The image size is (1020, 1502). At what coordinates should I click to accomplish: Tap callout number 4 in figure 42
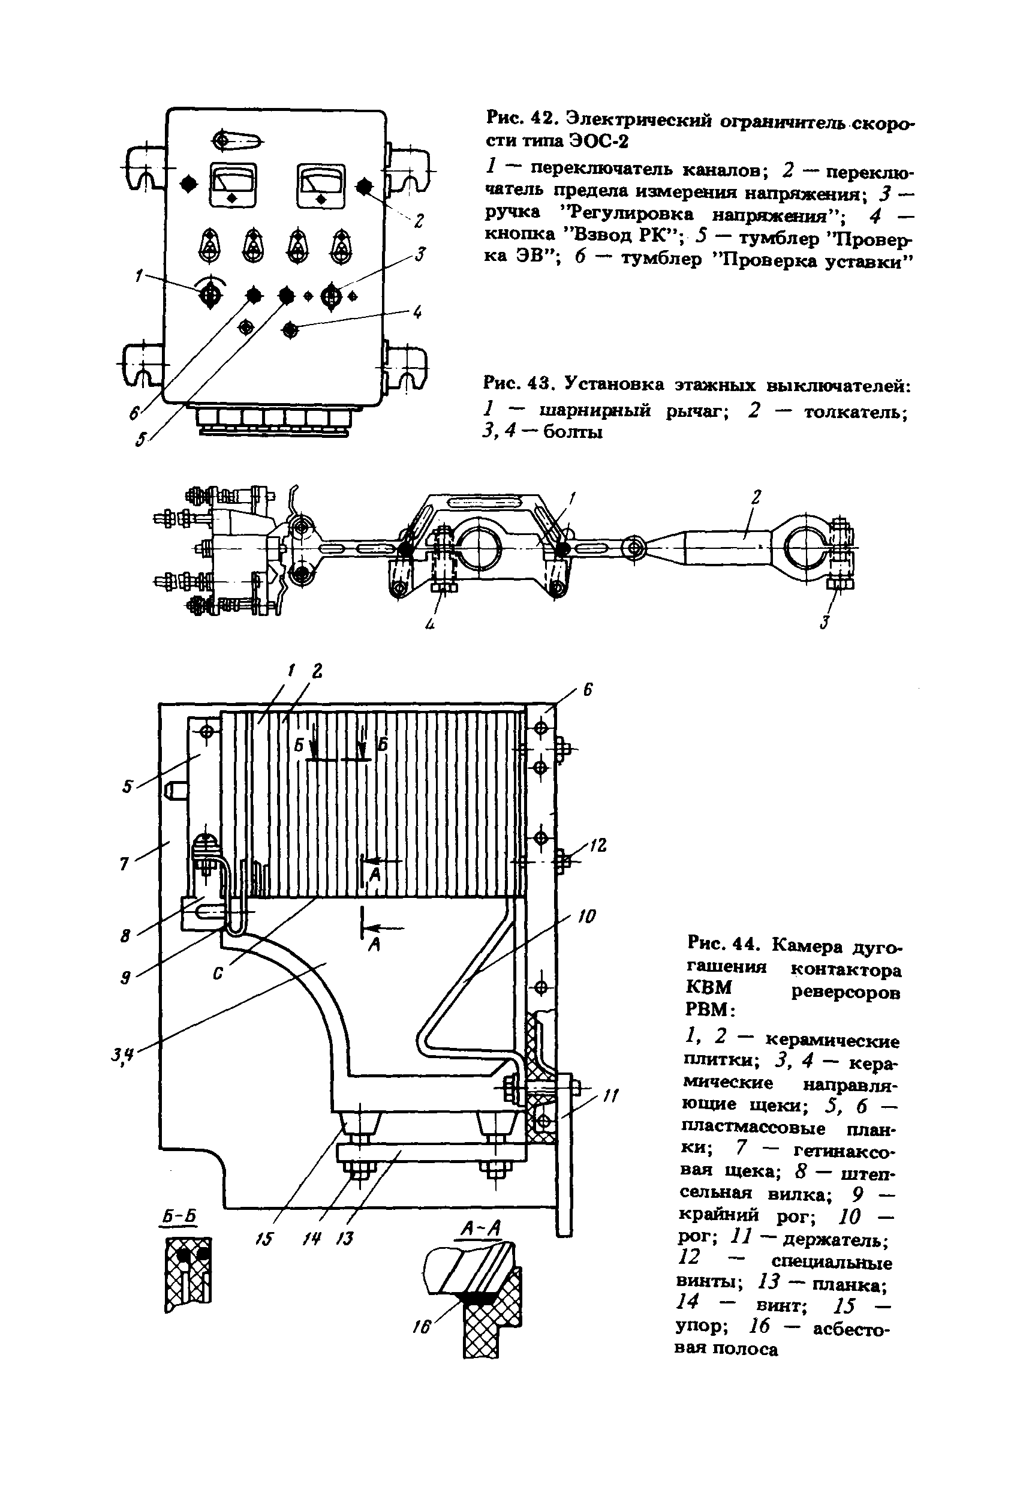pos(418,312)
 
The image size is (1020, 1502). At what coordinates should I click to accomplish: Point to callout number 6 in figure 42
pos(134,411)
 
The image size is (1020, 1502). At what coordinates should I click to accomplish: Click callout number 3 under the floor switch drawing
pos(825,623)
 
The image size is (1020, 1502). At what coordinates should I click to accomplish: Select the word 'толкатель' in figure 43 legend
pos(855,411)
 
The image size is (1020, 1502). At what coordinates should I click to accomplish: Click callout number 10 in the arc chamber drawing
pos(586,916)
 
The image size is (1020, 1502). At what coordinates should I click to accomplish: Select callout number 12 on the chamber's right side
pos(598,845)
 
